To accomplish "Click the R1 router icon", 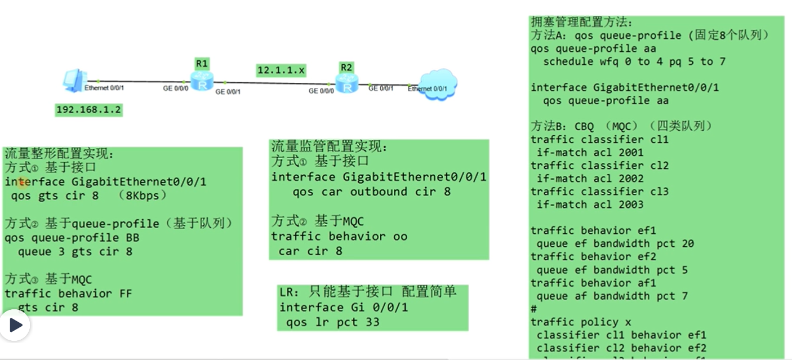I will click(x=202, y=82).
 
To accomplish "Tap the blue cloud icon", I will click(x=439, y=85).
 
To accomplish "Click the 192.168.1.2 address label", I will click(x=89, y=110).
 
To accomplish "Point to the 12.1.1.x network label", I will click(x=281, y=70).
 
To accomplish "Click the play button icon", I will click(x=15, y=325).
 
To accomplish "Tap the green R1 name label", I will click(x=202, y=63).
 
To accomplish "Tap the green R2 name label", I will click(x=346, y=68).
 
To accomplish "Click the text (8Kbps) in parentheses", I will click(x=143, y=196).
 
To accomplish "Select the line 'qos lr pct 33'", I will click(x=333, y=322).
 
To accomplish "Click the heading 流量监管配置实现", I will click(x=330, y=147).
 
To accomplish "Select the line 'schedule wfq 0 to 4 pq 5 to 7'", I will click(x=634, y=61).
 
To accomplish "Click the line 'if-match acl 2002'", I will click(x=590, y=179).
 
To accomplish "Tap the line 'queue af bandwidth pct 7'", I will click(x=612, y=296).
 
